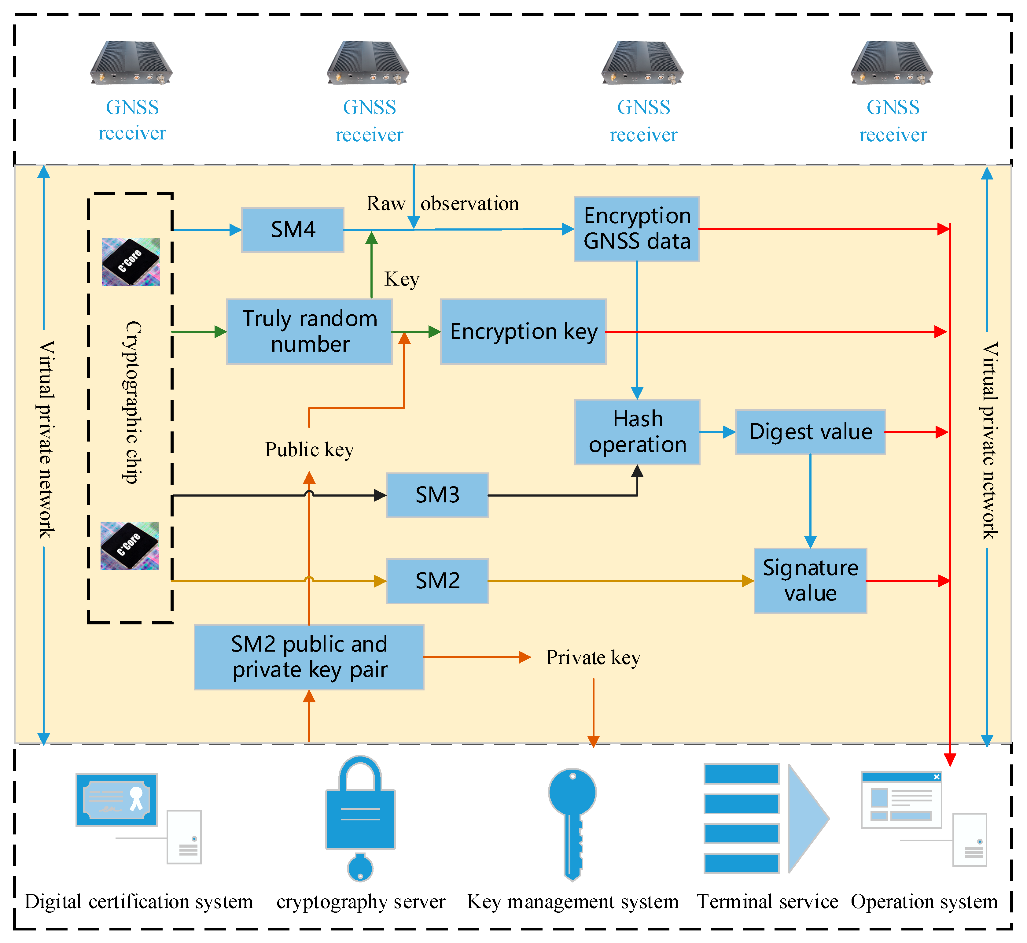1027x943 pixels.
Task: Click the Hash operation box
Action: pyautogui.click(x=637, y=432)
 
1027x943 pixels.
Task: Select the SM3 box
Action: pyautogui.click(x=437, y=495)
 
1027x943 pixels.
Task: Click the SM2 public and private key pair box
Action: pyautogui.click(x=309, y=657)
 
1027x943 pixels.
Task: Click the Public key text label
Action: pyautogui.click(x=309, y=449)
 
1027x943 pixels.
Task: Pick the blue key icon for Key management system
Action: pyautogui.click(x=572, y=822)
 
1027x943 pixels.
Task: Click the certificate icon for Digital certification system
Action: pyautogui.click(x=116, y=800)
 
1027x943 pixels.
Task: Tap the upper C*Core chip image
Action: pyautogui.click(x=131, y=262)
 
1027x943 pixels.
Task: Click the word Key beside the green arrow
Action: pyautogui.click(x=402, y=279)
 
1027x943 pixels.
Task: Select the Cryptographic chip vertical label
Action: pyautogui.click(x=133, y=402)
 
